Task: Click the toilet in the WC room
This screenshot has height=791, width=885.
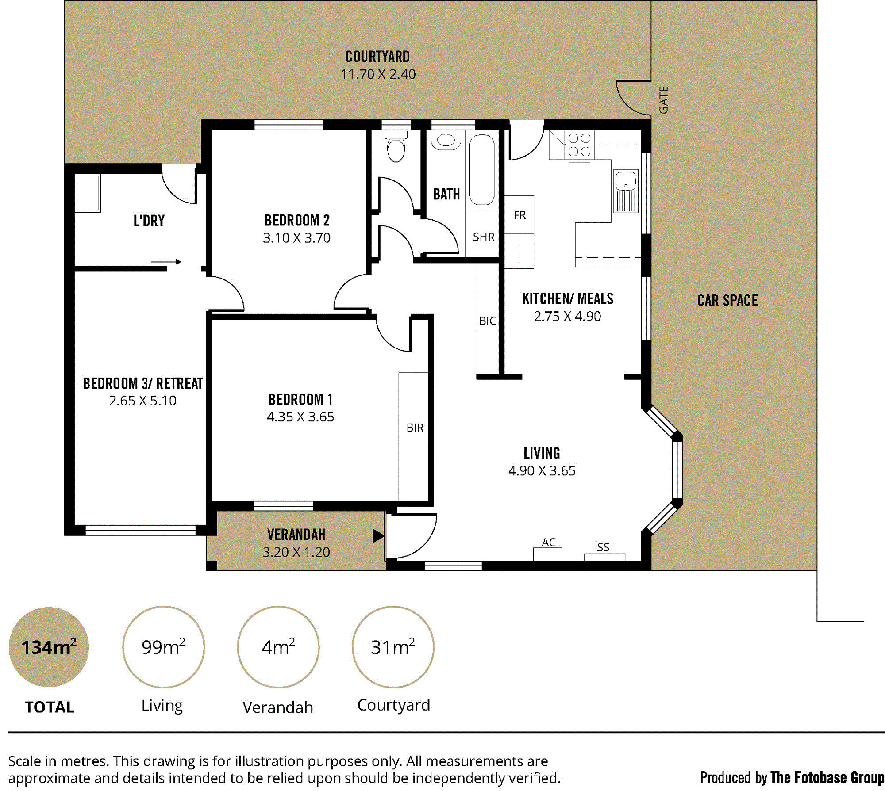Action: [x=396, y=146]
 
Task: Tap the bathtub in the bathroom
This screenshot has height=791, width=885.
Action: [x=481, y=170]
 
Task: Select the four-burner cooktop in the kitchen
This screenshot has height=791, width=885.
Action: [x=579, y=145]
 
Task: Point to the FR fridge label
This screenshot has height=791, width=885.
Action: [x=519, y=215]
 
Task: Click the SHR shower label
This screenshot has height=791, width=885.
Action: [x=484, y=237]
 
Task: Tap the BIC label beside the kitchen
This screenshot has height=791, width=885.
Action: [x=488, y=321]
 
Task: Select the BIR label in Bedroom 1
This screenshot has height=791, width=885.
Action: [x=415, y=428]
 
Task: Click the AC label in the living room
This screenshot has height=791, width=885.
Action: [x=549, y=543]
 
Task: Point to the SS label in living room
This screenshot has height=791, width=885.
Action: [x=603, y=547]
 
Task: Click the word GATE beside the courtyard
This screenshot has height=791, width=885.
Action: [x=663, y=100]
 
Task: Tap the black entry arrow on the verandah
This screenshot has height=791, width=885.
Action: [x=378, y=536]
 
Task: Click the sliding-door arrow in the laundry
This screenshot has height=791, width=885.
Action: [x=166, y=262]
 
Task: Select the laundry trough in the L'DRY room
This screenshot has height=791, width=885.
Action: [x=88, y=193]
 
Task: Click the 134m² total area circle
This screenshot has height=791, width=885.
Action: [x=49, y=647]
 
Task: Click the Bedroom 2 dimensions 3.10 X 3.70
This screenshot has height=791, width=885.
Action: [x=296, y=238]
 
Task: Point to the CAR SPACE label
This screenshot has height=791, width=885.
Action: [x=727, y=301]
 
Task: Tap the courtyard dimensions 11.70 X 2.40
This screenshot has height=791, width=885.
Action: [x=378, y=74]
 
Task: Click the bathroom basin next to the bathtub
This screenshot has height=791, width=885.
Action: [x=446, y=140]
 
